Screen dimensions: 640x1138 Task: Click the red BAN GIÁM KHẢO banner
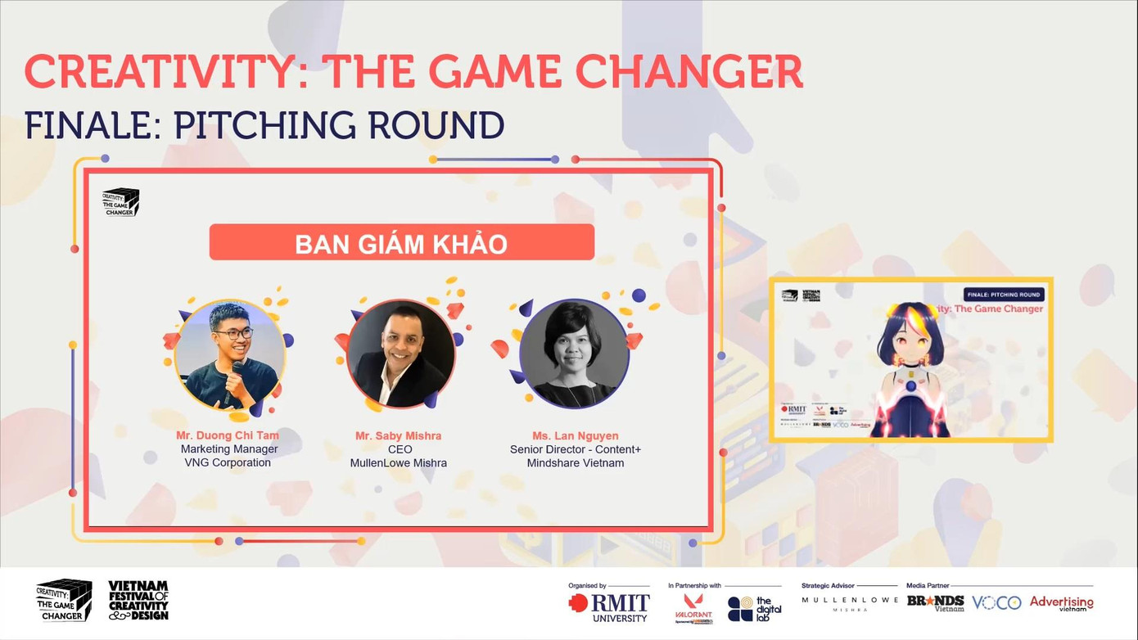401,243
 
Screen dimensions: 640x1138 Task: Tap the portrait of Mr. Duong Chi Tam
230,354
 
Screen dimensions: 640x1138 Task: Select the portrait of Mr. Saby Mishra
401,354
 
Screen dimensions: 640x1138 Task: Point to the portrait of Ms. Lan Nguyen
574,354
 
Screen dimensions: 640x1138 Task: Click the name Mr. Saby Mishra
398,435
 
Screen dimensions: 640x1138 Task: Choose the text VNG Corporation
228,462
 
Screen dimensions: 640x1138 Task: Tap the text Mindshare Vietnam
575,463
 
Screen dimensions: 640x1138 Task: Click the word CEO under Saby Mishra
400,449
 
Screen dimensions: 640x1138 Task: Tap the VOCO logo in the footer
996,603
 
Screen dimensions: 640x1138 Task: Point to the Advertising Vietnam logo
1061,604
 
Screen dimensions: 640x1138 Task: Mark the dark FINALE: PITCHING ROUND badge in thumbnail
1003,295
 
